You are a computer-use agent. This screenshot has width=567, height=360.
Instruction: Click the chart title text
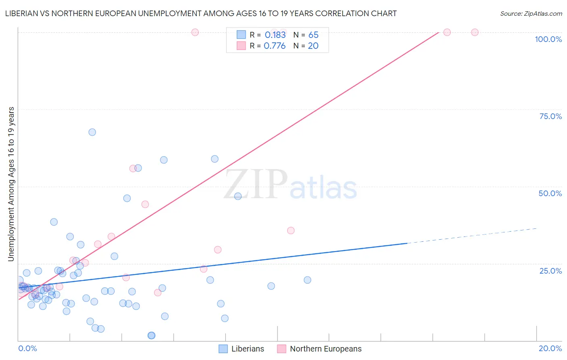pos(200,13)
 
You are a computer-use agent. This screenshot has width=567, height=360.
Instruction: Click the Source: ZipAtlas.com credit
pos(531,13)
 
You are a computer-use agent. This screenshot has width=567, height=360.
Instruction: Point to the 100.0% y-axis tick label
pos(548,39)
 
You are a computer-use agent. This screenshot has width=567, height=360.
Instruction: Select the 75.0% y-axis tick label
pos(550,116)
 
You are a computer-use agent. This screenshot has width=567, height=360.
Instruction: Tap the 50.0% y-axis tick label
pos(550,193)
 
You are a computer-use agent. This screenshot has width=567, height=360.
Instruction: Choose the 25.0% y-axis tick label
pos(550,270)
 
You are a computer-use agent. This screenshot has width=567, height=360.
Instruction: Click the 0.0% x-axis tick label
pos(27,348)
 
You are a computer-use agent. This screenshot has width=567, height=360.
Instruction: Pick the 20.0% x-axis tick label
pos(550,348)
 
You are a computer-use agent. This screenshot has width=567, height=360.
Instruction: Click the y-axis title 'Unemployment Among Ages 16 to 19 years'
pos(11,184)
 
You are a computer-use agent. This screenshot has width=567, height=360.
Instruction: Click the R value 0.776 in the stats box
pos(275,46)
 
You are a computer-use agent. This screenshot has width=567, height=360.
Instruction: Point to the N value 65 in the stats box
pos(313,35)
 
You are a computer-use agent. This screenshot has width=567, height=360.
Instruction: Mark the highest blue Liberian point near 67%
pos(92,132)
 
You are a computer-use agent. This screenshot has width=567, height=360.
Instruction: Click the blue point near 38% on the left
pos(54,222)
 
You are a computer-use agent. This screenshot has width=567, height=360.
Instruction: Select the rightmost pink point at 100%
pos(475,32)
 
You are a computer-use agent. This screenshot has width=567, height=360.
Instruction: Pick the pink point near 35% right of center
pos(291,230)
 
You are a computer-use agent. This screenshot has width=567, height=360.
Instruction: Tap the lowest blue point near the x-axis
pos(152,335)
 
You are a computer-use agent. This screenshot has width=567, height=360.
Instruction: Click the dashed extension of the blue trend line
pos(472,236)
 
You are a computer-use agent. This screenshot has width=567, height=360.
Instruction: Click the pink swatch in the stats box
pos(241,46)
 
